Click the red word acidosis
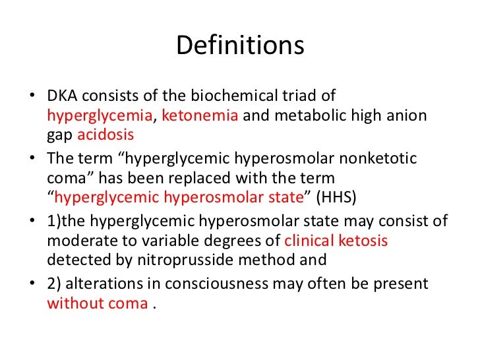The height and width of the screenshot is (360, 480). (x=106, y=135)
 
